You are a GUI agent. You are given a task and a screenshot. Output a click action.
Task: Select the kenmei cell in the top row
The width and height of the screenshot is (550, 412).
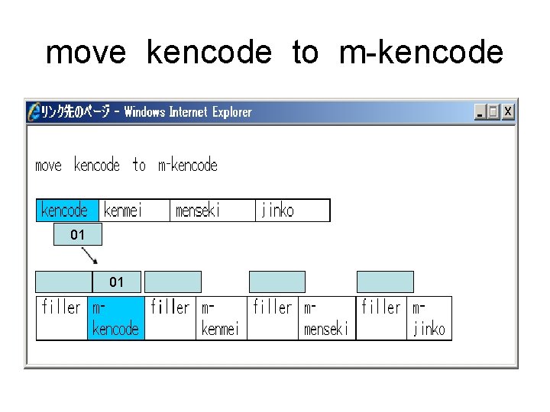point(134,211)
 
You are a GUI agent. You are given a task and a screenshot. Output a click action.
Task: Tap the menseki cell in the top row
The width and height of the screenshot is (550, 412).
point(212,211)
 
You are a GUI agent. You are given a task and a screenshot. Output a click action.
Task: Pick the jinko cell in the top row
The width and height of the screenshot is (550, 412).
point(293,211)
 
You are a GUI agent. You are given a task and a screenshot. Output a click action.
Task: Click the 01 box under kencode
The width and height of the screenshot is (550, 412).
point(77,235)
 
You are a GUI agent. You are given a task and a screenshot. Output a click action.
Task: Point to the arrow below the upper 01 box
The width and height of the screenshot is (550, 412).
point(89,254)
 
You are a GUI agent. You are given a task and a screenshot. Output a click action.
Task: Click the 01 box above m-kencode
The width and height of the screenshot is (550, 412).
point(116,282)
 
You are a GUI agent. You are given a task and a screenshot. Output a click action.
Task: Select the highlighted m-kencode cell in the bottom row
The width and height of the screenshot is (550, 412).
point(115,318)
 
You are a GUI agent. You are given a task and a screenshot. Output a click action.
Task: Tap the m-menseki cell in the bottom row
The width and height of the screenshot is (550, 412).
point(327,318)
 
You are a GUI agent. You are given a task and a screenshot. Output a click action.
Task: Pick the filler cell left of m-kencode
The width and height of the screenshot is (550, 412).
point(62,318)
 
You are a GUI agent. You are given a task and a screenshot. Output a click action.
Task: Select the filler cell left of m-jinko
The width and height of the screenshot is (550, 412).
point(382,318)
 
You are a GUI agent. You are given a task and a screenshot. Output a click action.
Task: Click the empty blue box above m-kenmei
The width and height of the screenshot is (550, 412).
point(173,282)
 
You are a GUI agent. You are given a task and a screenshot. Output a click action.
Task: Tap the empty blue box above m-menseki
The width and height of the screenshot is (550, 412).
point(277,282)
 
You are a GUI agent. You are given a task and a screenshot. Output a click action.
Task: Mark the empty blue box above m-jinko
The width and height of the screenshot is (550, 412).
point(385,282)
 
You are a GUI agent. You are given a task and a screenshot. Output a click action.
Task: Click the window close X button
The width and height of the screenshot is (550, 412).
point(508,112)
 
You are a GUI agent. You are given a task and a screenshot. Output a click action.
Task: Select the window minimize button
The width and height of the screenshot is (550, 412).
point(480,112)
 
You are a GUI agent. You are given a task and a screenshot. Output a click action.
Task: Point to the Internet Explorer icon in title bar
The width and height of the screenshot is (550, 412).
point(34,112)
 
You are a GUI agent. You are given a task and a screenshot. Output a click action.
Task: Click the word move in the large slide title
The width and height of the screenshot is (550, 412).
point(86,53)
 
